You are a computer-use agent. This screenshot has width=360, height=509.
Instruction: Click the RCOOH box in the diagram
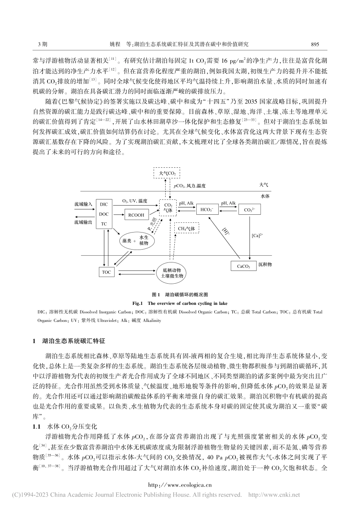click(x=136, y=215)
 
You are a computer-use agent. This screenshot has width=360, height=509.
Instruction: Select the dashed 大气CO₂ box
click(x=166, y=173)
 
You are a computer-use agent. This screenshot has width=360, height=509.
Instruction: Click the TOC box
click(x=106, y=272)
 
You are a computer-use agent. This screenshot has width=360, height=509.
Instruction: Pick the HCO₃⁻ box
click(x=207, y=209)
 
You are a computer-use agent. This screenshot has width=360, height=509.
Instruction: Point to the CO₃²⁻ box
click(x=249, y=209)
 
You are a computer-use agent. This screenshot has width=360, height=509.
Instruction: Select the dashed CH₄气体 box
click(x=186, y=229)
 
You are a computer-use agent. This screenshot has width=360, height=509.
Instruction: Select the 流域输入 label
click(x=83, y=204)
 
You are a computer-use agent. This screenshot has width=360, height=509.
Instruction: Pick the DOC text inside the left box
click(x=103, y=214)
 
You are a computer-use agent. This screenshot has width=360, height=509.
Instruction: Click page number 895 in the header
click(x=315, y=44)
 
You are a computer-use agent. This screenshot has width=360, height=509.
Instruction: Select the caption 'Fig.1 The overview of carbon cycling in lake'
click(x=180, y=303)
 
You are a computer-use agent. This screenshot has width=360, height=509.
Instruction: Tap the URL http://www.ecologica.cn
click(x=180, y=485)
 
